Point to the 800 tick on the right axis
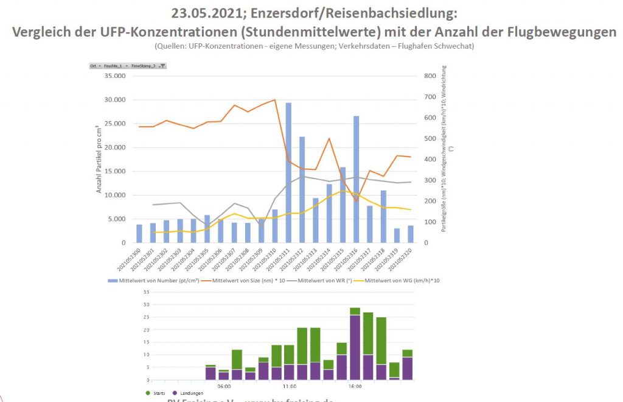(431, 76)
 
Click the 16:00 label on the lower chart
(355, 386)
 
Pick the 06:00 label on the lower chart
(223, 386)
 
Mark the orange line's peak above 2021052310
(275, 100)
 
